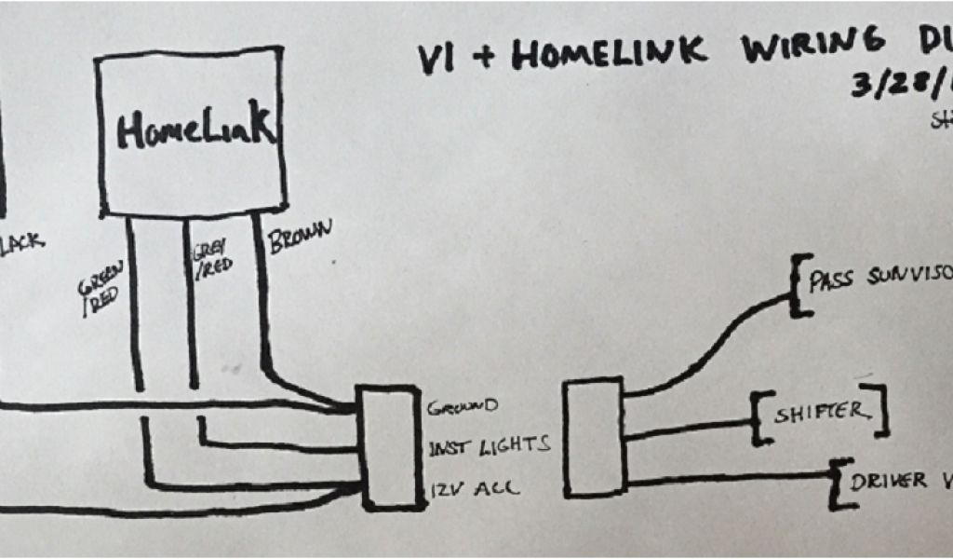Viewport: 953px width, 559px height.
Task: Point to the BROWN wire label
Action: (301, 240)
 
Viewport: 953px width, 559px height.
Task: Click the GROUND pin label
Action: (463, 408)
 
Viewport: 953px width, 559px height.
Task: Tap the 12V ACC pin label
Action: (463, 487)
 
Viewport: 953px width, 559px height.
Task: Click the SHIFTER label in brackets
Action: (817, 411)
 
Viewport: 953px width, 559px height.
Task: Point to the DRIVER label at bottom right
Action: (888, 481)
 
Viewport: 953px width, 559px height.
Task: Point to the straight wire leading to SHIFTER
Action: (689, 428)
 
